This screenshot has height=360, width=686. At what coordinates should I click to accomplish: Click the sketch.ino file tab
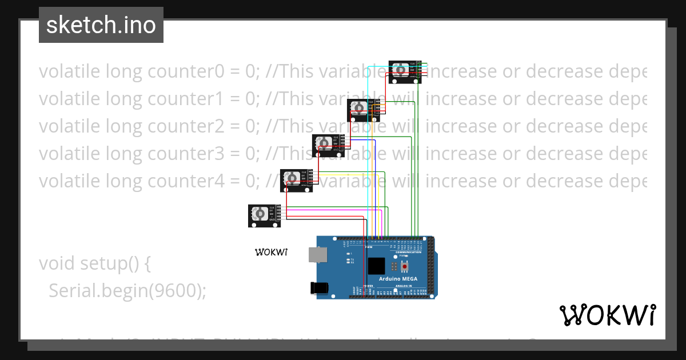[x=101, y=25]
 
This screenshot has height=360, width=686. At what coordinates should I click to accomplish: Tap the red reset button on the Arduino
[x=405, y=266]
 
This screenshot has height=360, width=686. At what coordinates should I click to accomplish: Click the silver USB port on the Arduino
[x=315, y=255]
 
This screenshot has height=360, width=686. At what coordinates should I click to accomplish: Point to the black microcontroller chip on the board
[x=377, y=266]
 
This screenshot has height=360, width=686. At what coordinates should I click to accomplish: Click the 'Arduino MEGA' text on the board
[x=398, y=279]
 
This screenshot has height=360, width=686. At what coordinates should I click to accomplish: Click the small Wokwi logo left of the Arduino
[x=271, y=251]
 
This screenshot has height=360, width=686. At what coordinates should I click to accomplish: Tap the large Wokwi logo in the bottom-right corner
[x=607, y=315]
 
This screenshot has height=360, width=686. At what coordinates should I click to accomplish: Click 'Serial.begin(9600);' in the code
[x=127, y=291]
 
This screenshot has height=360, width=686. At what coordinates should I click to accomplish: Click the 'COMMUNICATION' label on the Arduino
[x=408, y=251]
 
